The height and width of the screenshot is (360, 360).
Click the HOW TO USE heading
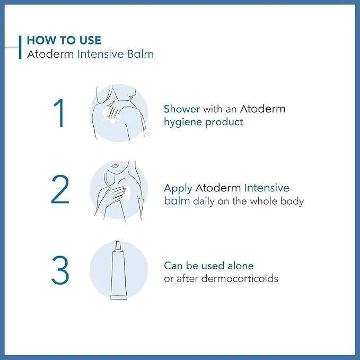pyautogui.click(x=64, y=40)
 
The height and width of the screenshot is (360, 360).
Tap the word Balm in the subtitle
pyautogui.click(x=141, y=54)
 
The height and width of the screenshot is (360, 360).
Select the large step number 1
pyautogui.click(x=59, y=113)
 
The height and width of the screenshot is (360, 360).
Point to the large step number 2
pyautogui.click(x=60, y=189)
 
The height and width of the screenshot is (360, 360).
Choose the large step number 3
pyautogui.click(x=60, y=270)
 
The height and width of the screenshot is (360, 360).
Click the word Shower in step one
pyautogui.click(x=182, y=109)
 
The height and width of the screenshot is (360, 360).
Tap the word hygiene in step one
pyautogui.click(x=183, y=122)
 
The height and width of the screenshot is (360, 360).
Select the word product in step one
pyautogui.click(x=224, y=122)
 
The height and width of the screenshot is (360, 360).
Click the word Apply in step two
pyautogui.click(x=178, y=189)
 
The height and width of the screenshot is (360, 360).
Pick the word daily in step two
pyautogui.click(x=204, y=201)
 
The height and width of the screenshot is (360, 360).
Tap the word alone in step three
pyautogui.click(x=241, y=266)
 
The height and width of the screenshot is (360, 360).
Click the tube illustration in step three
pyautogui.click(x=118, y=270)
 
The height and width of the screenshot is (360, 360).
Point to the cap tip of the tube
pyautogui.click(x=118, y=242)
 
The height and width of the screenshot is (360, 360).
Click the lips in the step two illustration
pyautogui.click(x=115, y=165)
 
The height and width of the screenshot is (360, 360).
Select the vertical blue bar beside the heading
pyautogui.click(x=20, y=47)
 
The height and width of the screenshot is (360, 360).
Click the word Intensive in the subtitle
pyautogui.click(x=101, y=54)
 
